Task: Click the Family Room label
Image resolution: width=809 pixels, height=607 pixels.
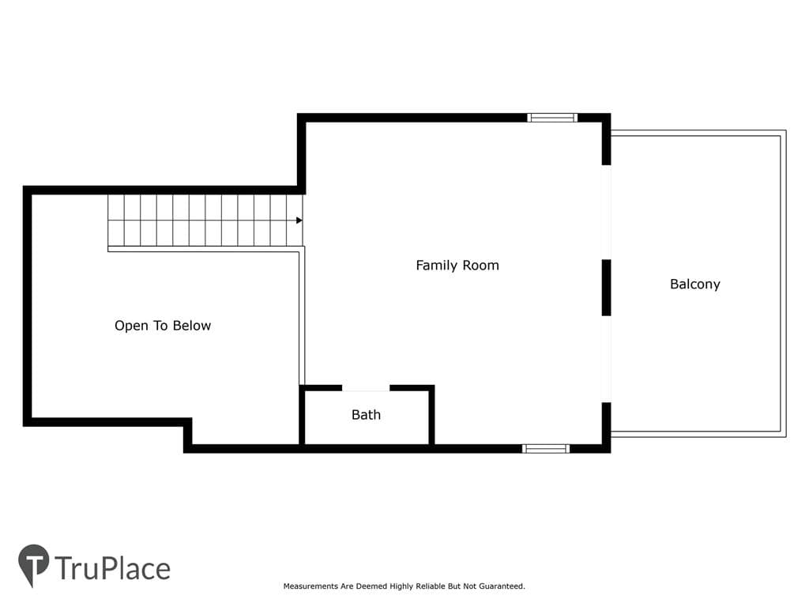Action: pos(457,266)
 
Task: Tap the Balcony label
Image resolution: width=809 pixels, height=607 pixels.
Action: pos(695,284)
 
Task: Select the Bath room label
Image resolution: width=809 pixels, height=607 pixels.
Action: pos(366,414)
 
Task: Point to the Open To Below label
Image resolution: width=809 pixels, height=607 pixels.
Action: pos(163,326)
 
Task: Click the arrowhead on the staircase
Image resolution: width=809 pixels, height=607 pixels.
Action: pos(299,221)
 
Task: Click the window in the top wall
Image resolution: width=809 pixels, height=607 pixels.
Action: pos(552,118)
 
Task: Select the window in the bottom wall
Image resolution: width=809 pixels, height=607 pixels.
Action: pos(546,449)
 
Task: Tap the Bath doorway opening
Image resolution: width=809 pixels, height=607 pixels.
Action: pos(366,387)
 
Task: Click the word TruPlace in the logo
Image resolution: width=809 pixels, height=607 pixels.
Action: pos(112,568)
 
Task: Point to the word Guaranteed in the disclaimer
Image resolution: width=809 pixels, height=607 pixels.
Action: pos(502,586)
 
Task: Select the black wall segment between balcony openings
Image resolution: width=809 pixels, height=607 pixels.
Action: pos(607,288)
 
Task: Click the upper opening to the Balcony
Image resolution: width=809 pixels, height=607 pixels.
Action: pos(607,212)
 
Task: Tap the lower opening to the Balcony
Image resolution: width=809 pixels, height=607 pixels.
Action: pos(607,360)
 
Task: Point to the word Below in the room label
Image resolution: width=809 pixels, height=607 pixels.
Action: pos(192,326)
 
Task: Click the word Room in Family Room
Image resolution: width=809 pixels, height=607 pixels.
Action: pos(480,266)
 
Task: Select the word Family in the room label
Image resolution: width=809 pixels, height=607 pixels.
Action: pos(436,266)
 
